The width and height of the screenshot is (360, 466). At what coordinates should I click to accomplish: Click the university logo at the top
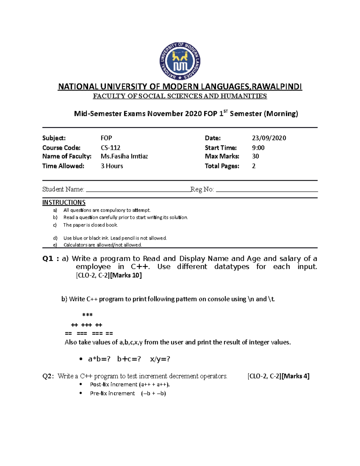pyautogui.click(x=180, y=61)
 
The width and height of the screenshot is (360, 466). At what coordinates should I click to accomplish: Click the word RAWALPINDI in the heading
pyautogui.click(x=277, y=87)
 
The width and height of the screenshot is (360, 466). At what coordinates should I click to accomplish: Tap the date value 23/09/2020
pyautogui.click(x=269, y=138)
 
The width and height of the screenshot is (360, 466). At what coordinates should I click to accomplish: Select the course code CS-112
pyautogui.click(x=110, y=148)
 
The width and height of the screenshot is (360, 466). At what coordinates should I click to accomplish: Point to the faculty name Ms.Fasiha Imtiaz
pyautogui.click(x=124, y=156)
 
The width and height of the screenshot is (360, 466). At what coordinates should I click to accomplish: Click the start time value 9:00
pyautogui.click(x=258, y=148)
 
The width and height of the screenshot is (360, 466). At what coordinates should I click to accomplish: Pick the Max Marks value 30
pyautogui.click(x=255, y=156)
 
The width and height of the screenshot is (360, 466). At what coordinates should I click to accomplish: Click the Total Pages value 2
pyautogui.click(x=254, y=166)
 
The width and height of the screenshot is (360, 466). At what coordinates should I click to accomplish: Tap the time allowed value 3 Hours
pyautogui.click(x=112, y=166)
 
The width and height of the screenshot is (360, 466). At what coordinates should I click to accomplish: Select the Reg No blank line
pyautogui.click(x=267, y=190)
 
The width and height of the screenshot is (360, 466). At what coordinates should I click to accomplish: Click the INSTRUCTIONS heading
pyautogui.click(x=64, y=203)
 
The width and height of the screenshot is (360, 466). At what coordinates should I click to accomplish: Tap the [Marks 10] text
pyautogui.click(x=126, y=275)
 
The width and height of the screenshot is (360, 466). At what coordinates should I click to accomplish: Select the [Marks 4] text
pyautogui.click(x=296, y=376)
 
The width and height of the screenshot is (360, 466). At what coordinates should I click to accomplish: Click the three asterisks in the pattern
pyautogui.click(x=87, y=315)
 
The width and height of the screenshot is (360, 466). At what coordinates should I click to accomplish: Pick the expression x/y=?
pyautogui.click(x=160, y=359)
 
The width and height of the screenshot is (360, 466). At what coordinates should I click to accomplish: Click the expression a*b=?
pyautogui.click(x=99, y=359)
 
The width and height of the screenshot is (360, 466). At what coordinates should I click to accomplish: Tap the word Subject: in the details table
pyautogui.click(x=54, y=138)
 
